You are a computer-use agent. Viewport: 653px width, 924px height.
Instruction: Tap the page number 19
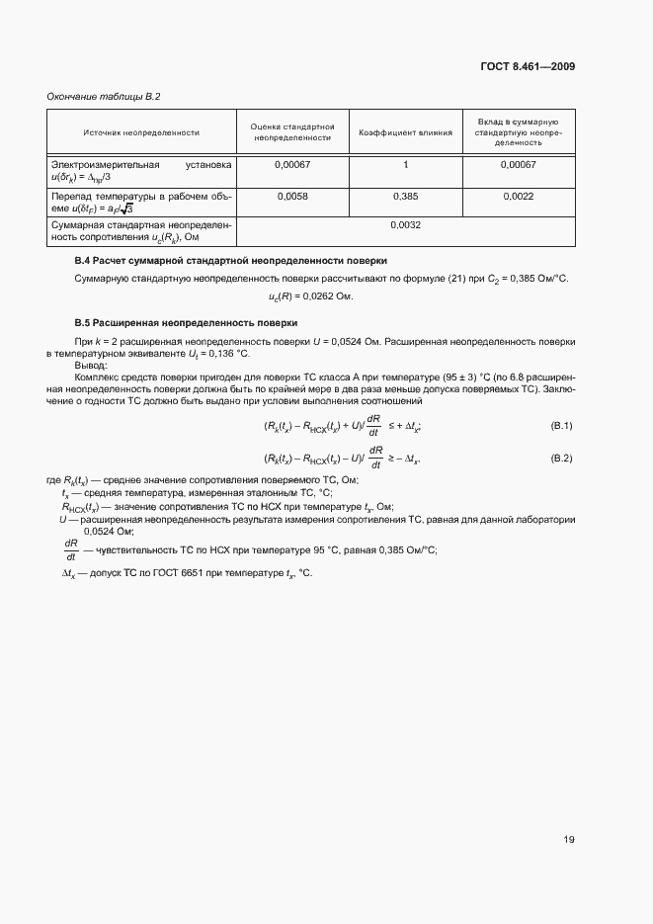coord(569,840)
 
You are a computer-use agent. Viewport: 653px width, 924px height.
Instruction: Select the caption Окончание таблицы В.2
coord(104,96)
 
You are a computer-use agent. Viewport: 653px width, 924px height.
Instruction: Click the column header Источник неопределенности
coord(141,131)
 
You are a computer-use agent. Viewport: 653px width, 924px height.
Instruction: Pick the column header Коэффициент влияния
coord(405,131)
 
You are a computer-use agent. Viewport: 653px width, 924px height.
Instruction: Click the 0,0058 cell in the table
coord(293,197)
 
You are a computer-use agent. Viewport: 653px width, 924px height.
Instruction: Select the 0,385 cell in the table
coord(405,197)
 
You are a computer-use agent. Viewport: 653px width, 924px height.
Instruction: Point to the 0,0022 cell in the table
coord(518,197)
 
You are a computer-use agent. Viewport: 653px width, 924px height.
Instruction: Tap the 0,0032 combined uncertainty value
coord(405,225)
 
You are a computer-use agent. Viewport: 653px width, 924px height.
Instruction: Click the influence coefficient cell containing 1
coord(405,164)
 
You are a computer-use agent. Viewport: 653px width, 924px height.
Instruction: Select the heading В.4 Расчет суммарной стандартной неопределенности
coord(230,260)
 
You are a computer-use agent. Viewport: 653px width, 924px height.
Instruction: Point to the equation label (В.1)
coord(561,425)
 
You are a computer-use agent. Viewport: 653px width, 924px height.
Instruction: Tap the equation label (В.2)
coord(561,459)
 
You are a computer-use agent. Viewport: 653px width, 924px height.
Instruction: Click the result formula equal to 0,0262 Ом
coord(310,295)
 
